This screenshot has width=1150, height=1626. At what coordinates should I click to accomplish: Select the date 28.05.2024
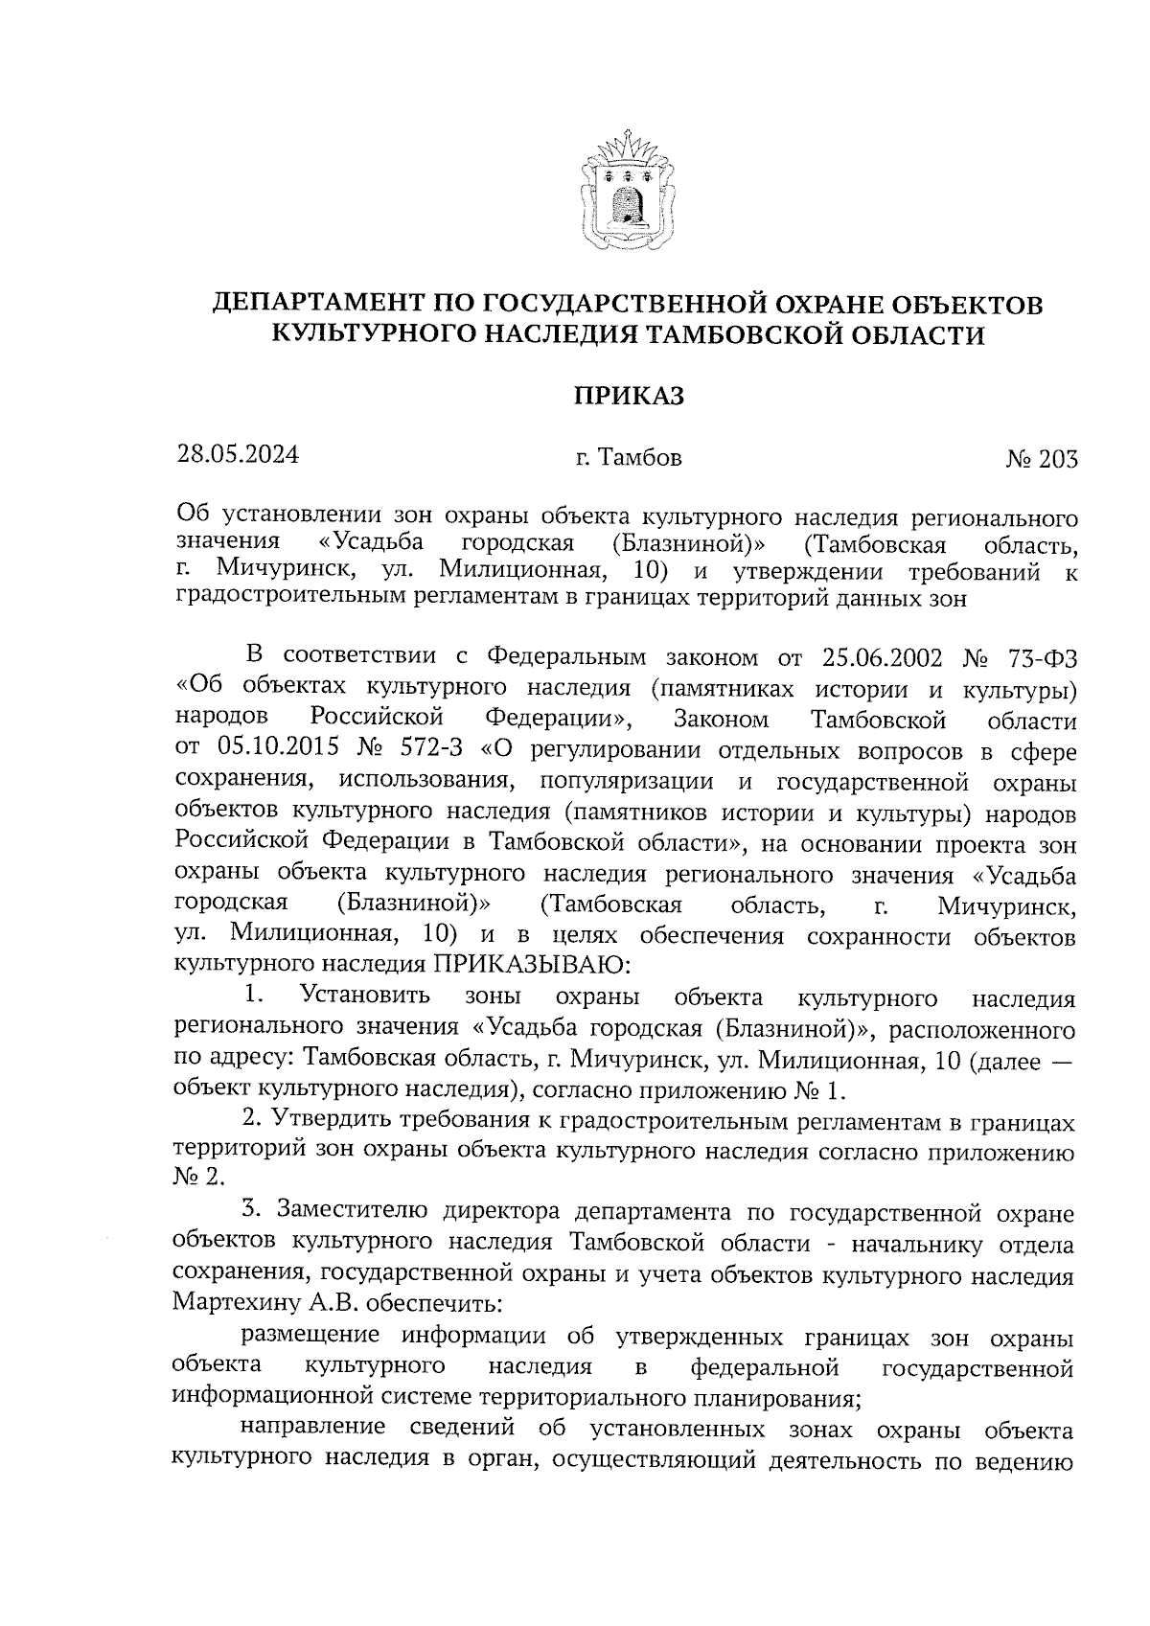click(x=237, y=454)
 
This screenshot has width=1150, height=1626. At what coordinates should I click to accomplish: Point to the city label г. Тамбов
click(x=629, y=459)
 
